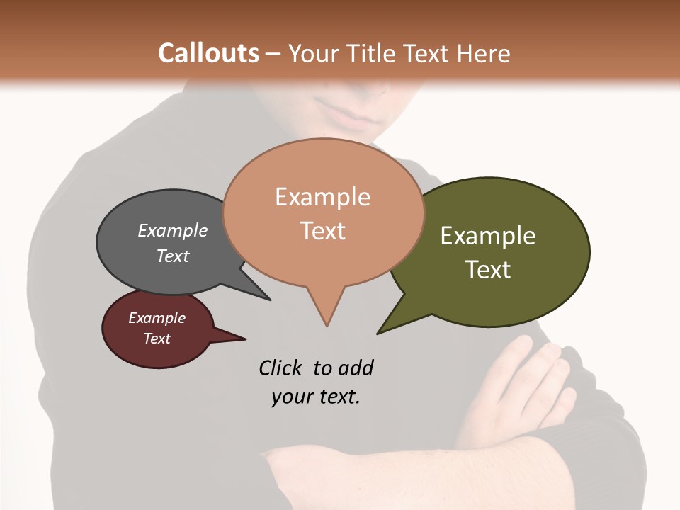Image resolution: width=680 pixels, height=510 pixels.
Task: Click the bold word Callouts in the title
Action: (x=208, y=53)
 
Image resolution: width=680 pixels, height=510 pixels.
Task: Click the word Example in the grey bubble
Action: (x=173, y=230)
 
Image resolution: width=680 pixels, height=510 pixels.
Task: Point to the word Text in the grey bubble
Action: (x=173, y=256)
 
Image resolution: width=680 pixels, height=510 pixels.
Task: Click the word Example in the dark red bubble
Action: (x=157, y=318)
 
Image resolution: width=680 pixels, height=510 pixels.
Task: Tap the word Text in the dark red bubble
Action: (x=157, y=339)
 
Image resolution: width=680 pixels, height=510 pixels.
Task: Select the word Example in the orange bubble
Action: (x=322, y=197)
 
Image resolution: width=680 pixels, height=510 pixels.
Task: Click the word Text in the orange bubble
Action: (x=322, y=231)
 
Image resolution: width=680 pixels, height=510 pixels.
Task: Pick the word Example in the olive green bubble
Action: (x=488, y=236)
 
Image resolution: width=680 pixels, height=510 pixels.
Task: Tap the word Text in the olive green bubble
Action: (x=488, y=270)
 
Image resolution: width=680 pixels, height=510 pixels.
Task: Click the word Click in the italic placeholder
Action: (x=282, y=368)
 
